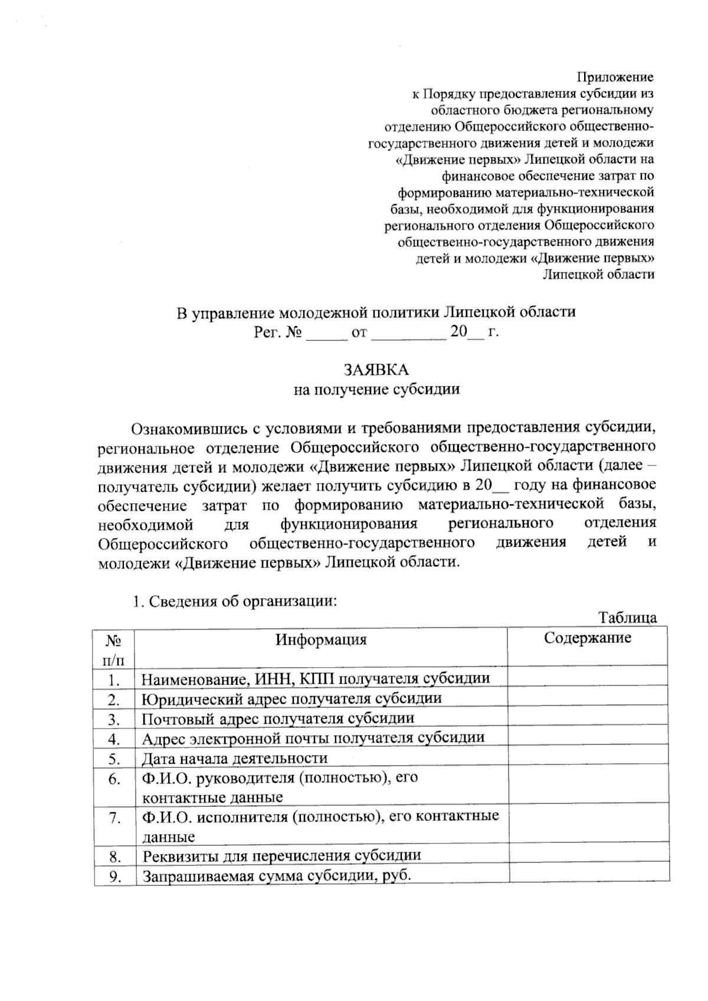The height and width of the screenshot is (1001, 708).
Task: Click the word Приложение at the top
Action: pos(615,77)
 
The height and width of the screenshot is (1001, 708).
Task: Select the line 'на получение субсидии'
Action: pos(376,389)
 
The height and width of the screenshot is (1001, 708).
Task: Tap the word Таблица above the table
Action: pos(628,618)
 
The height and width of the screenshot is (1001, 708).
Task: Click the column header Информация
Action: pos(321,639)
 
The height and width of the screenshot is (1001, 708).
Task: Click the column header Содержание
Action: pos(587,638)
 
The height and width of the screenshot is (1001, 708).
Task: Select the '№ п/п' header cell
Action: pos(114,647)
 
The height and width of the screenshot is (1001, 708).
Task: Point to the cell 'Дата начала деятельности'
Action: pos(234,758)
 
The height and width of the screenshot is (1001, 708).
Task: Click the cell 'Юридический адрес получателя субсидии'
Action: pos(291,699)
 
